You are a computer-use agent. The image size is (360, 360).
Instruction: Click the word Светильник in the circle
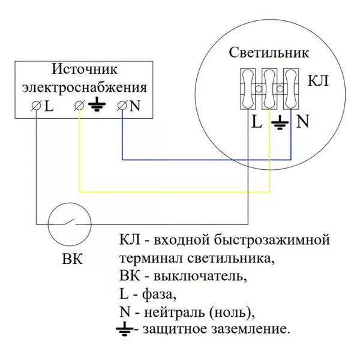pos(269,52)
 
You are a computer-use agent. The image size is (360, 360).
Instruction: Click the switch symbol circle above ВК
pos(70,224)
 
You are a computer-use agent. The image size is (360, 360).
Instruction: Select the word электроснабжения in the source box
pos(84,87)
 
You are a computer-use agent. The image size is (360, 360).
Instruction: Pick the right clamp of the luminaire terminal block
pos(291,89)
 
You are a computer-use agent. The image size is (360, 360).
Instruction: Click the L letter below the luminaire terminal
pos(257,122)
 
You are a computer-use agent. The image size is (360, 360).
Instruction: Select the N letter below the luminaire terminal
pos(302,122)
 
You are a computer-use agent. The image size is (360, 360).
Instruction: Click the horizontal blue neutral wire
pos(204,160)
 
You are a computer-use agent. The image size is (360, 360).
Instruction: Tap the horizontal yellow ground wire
pos(174,193)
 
